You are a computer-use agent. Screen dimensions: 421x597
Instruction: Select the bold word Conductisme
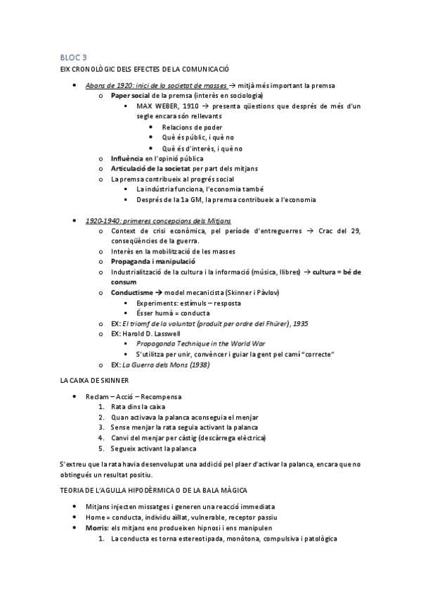(x=131, y=293)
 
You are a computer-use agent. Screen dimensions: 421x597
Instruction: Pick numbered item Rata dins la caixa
(x=137, y=407)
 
